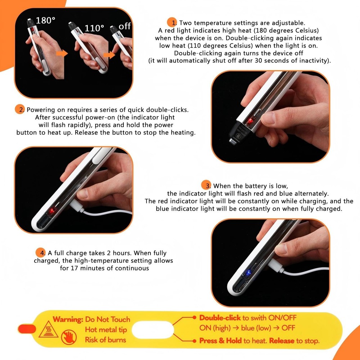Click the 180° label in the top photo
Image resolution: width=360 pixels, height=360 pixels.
[45, 20]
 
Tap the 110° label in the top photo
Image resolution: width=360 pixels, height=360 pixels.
[94, 28]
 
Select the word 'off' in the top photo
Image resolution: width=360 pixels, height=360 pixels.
[125, 26]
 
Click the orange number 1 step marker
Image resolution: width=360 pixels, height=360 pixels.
[172, 22]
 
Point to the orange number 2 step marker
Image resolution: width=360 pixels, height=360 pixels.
[20, 109]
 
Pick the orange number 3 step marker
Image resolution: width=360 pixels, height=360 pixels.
[206, 185]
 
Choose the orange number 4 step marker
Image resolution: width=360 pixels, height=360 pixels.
[40, 253]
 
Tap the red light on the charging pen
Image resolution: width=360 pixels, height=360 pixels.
[52, 210]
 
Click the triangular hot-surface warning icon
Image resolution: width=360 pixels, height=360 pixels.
[49, 329]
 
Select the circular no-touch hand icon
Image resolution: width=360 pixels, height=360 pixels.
[69, 337]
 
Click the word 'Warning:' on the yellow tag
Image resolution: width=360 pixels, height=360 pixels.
[68, 319]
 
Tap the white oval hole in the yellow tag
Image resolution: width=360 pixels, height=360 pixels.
[153, 330]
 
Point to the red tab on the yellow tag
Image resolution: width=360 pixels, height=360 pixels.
[27, 329]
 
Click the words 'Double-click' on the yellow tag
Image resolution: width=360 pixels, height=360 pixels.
[220, 318]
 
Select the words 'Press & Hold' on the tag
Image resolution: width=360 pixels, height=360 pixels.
[220, 341]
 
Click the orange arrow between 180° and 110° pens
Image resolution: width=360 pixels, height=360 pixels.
[62, 54]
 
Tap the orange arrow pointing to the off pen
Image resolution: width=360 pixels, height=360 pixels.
[109, 55]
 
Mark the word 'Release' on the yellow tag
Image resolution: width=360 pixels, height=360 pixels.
[282, 341]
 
